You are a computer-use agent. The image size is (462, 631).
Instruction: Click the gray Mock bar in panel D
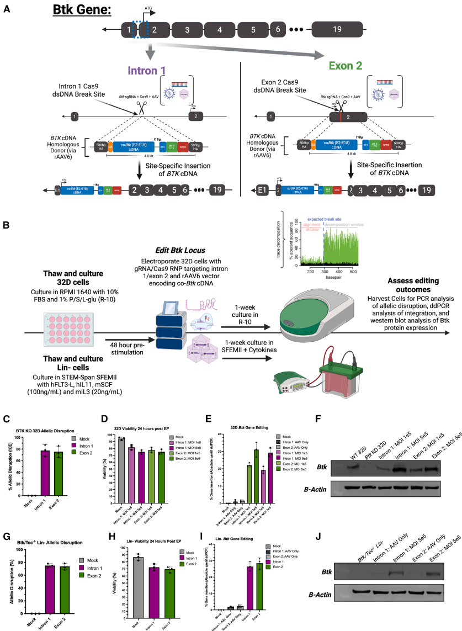[136, 462]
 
